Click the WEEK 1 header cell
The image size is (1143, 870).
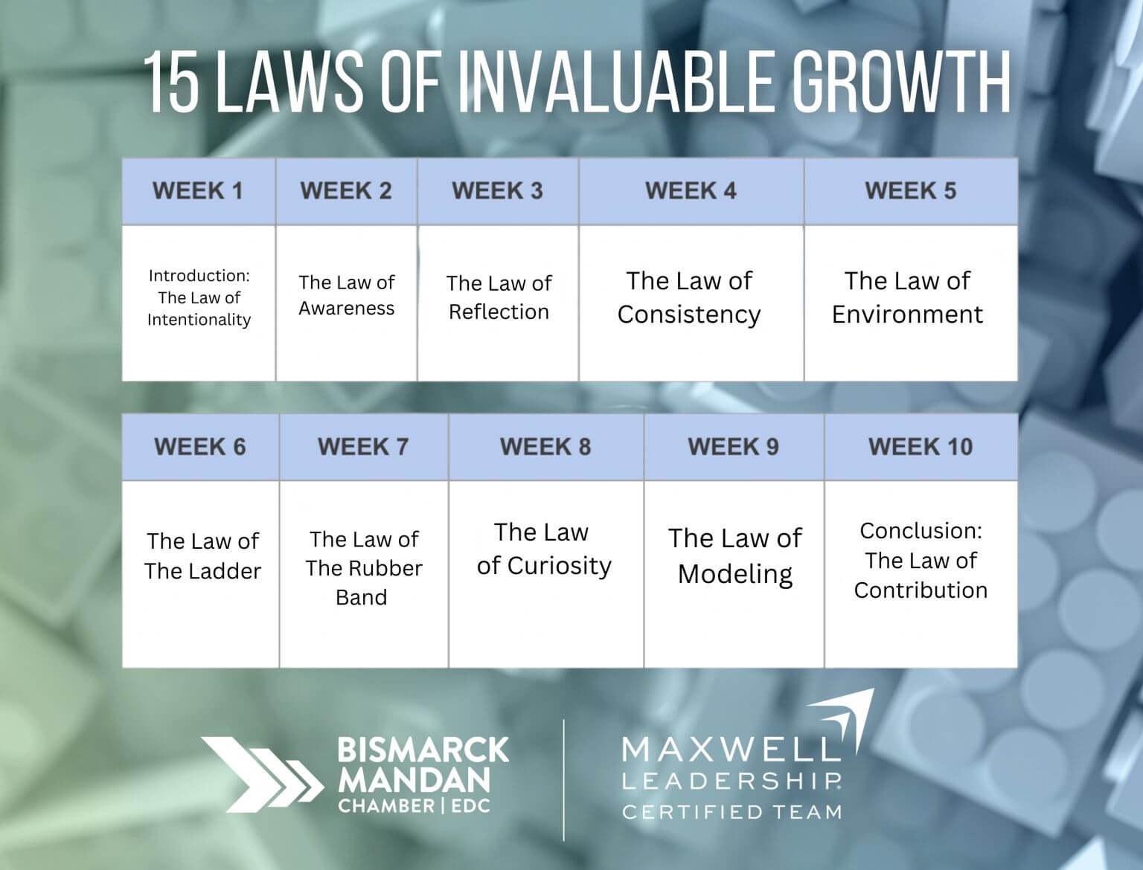[x=199, y=191]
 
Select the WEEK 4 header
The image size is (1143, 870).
[x=691, y=191]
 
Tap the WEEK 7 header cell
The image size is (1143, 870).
[x=363, y=447]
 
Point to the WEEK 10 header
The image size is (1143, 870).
[x=921, y=447]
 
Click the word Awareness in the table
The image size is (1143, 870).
[x=346, y=309]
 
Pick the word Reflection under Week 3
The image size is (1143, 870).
[x=499, y=312]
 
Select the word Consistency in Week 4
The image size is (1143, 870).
[x=689, y=315]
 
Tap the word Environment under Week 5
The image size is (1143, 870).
[x=907, y=315]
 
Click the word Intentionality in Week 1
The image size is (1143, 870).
[x=199, y=320]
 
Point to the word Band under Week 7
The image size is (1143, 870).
[x=362, y=597]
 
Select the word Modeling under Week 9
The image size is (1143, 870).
[x=735, y=575]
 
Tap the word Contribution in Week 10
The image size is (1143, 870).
[x=921, y=590]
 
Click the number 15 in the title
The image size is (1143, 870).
[x=172, y=83]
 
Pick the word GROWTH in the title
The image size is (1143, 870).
[x=903, y=83]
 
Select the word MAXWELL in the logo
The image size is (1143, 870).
[x=731, y=750]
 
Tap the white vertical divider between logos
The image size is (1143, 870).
[x=564, y=779]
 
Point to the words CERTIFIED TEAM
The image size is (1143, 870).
[x=732, y=812]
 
